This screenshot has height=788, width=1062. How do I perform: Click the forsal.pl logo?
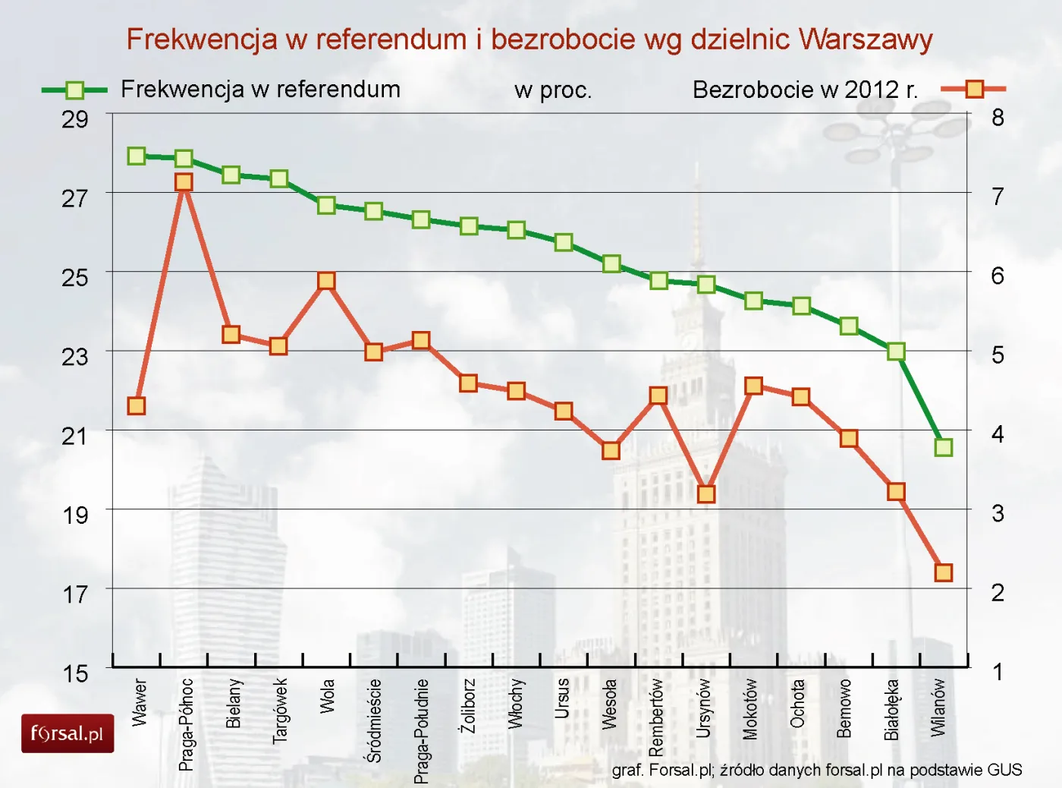pos(68,733)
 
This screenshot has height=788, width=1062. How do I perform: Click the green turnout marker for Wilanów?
pos(943,447)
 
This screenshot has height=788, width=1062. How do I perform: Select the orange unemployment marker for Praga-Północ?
pos(184,182)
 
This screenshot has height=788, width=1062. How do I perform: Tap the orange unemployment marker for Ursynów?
pos(706,494)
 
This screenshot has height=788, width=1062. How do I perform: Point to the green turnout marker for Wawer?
pos(137,156)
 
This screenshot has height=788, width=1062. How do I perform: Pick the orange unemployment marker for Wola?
pos(326,281)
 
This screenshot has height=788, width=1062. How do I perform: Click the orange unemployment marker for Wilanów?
pos(943,572)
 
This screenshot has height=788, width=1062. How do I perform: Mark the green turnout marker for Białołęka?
pos(896,351)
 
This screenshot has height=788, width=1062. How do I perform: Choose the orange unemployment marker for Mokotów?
pos(753,386)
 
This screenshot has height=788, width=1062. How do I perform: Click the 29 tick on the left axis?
pos(75,119)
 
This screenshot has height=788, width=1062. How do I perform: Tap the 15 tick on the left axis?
pos(75,673)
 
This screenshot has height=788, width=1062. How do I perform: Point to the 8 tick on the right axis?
pos(998,118)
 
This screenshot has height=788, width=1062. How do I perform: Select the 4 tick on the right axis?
pos(998,434)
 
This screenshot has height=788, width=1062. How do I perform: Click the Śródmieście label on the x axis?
pos(374,720)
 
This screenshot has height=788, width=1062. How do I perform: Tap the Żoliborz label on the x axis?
pos(468,706)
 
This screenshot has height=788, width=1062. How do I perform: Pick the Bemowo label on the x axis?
pos(844,708)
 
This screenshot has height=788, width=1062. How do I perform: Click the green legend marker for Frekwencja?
pos(74,90)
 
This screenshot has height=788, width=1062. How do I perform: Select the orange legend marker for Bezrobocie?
pos(974,90)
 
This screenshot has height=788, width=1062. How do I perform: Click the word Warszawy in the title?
pos(866,39)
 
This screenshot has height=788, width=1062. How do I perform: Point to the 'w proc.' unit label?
pos(552,90)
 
